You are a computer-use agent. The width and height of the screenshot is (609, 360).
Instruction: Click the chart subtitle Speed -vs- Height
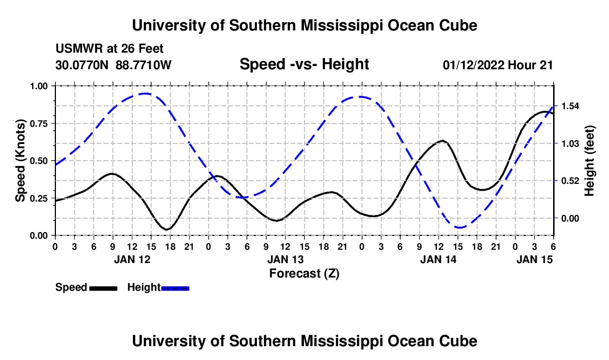point(304,65)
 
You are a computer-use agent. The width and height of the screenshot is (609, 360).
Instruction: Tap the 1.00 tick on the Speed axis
point(39,86)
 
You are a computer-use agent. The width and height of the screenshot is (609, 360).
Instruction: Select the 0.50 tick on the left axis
point(39,161)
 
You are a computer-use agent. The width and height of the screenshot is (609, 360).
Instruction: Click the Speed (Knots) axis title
point(20,161)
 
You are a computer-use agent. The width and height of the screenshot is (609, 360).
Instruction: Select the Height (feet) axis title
point(590,161)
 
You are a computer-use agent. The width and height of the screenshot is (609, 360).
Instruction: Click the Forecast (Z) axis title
point(304,273)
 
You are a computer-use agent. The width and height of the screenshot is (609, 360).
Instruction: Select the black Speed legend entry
point(86,287)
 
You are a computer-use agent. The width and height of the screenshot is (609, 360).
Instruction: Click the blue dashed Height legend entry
point(158,287)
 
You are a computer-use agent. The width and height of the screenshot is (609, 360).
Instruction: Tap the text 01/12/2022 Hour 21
point(498,65)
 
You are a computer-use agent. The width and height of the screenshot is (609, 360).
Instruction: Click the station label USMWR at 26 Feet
point(110,49)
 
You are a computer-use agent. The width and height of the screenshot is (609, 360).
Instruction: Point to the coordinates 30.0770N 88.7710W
point(113,65)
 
